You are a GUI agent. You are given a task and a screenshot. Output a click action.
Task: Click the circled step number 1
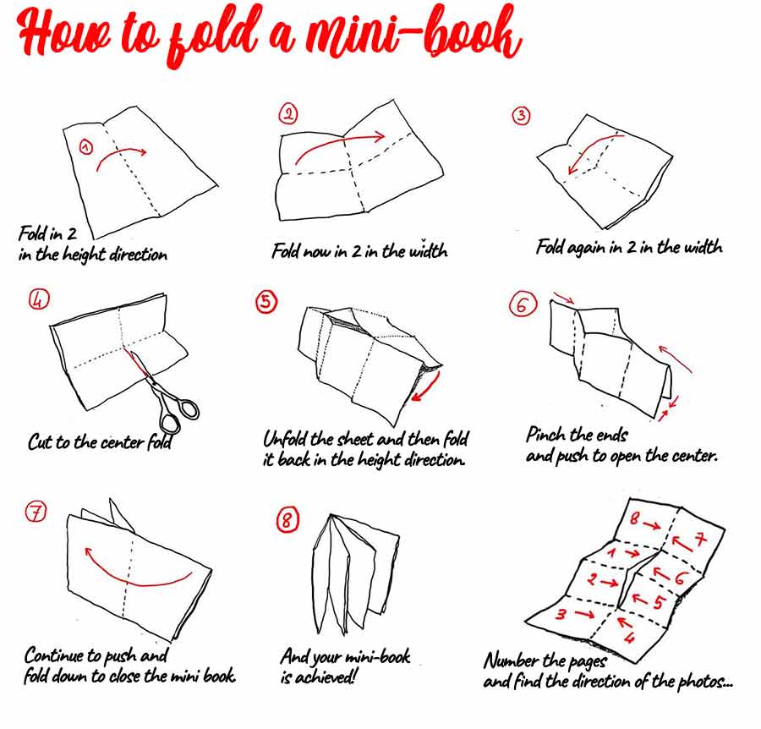[x=85, y=147]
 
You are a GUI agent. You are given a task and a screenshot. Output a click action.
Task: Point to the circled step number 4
[x=39, y=299]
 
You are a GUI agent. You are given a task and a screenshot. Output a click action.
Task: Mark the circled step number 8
[x=287, y=521]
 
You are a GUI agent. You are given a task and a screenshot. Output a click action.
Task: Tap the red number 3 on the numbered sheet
[x=561, y=614]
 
